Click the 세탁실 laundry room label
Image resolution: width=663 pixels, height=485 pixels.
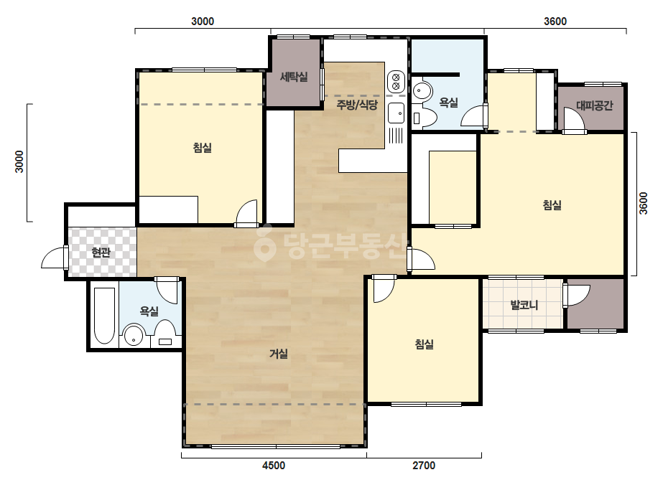pos(294,77)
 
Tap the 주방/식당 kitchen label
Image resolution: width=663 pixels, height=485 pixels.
pos(357,104)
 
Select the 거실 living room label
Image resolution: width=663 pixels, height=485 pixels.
pos(279,354)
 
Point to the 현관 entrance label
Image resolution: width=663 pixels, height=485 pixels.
pos(101,253)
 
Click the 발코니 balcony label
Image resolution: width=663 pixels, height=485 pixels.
pos(524,305)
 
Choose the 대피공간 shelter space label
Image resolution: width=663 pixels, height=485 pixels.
pos(595,105)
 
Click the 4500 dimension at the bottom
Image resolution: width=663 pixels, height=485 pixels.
pos(274,466)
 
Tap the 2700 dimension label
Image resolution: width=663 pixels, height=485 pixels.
pos(424,466)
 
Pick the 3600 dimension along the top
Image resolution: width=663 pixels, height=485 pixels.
pos(555,21)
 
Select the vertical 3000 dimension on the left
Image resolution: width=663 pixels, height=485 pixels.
pos(19,161)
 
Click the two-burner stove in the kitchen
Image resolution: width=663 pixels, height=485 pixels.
pos(397,82)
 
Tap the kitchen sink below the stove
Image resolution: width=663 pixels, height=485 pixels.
pos(397,113)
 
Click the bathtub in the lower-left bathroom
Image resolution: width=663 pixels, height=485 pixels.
pos(104,316)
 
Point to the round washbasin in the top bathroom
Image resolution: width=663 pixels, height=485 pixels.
pos(422,91)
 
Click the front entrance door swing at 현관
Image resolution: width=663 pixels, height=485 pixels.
pos(55,258)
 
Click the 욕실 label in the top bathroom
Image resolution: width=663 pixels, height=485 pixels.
pos(449,103)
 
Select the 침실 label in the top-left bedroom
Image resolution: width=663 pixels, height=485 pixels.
pos(202,148)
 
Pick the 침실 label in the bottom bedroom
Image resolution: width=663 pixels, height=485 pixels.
pos(424,344)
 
